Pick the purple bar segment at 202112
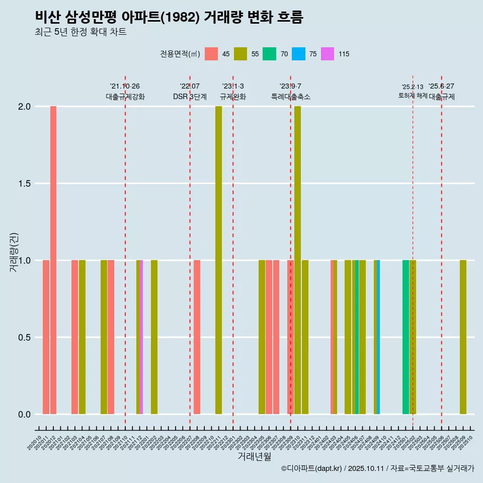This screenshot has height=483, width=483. pyautogui.click(x=141, y=337)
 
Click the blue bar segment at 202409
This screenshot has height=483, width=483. pyautogui.click(x=378, y=337)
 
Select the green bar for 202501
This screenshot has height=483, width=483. pyautogui.click(x=406, y=337)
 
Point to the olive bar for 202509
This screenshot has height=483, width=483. pyautogui.click(x=463, y=337)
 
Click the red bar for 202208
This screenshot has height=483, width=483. pyautogui.click(x=197, y=337)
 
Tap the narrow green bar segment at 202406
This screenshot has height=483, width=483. pyautogui.click(x=357, y=337)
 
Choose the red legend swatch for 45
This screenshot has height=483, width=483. pyautogui.click(x=211, y=54)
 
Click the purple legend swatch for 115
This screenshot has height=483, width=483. pyautogui.click(x=328, y=54)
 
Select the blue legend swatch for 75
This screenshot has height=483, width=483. pyautogui.click(x=299, y=54)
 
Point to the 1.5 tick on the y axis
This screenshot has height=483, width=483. pyautogui.click(x=24, y=184)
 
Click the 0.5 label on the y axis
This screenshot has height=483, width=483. pyautogui.click(x=24, y=338)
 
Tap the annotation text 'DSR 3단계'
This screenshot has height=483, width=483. pyautogui.click(x=190, y=97)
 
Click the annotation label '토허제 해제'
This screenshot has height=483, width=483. pyautogui.click(x=413, y=96)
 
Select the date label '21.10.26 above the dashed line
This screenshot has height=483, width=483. pyautogui.click(x=125, y=86)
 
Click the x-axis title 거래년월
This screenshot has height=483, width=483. pyautogui.click(x=254, y=457)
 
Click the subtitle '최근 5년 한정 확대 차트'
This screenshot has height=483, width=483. pyautogui.click(x=80, y=32)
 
